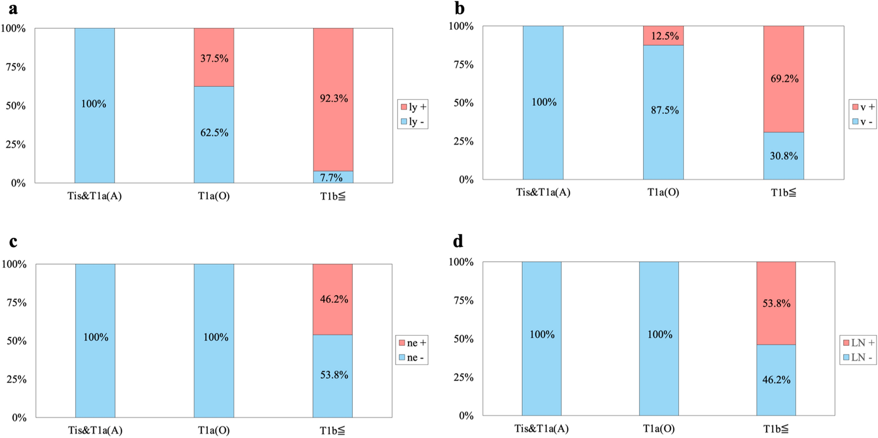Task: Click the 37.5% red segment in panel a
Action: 214,57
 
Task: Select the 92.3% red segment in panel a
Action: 333,99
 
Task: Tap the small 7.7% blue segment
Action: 333,177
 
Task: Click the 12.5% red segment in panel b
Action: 663,36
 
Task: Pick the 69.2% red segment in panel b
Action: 783,79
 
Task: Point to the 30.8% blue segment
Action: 783,156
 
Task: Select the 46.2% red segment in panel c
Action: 333,299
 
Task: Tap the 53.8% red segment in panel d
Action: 776,303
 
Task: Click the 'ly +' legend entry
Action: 413,107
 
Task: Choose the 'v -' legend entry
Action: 862,122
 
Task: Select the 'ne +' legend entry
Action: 412,343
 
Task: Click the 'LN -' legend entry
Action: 858,358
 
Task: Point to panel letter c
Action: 13,241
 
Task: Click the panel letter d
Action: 458,241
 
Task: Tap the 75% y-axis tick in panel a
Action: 15,67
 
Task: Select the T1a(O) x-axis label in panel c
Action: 214,430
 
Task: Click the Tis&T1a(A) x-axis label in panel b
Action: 543,192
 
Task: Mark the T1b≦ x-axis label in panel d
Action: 775,429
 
